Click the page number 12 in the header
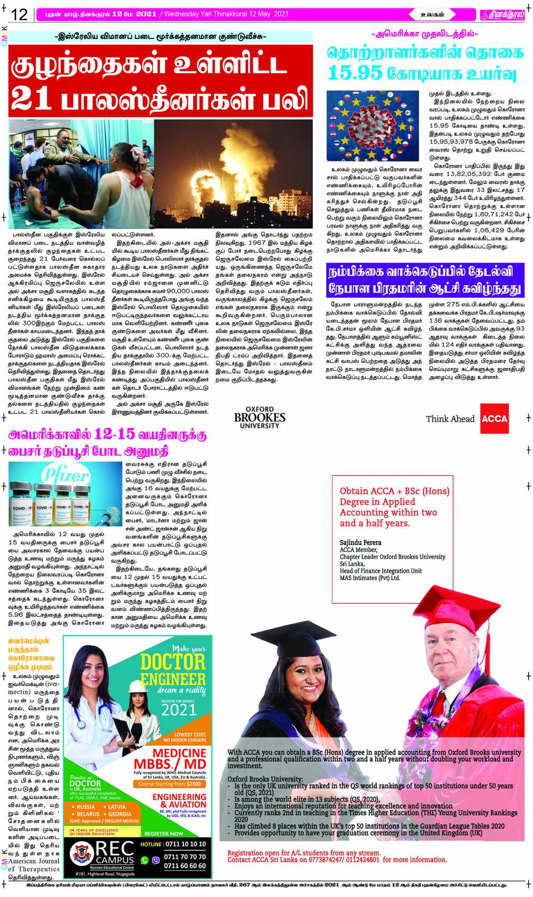(19, 14)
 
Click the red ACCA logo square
(494, 419)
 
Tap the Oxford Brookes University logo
(260, 418)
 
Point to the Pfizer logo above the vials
(66, 474)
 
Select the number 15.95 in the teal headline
(355, 73)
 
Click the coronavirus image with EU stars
(373, 126)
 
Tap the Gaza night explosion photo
(233, 173)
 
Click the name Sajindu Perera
(360, 542)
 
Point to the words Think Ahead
(450, 419)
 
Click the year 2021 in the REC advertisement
(179, 710)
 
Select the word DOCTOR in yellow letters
(173, 662)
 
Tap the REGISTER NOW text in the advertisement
(164, 833)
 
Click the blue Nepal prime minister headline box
(425, 280)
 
